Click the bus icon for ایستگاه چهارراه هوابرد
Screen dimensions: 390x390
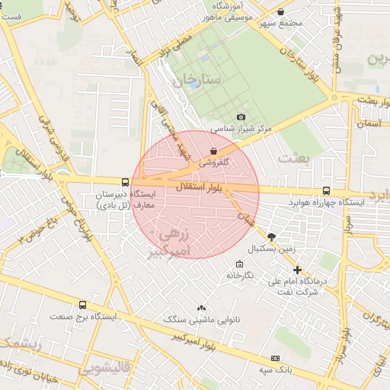point(326,191)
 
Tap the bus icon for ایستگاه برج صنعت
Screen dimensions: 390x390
point(82,305)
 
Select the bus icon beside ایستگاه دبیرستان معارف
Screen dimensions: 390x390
point(126,181)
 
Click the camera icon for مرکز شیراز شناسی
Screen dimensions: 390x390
point(241,117)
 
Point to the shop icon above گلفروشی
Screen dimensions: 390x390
point(213,151)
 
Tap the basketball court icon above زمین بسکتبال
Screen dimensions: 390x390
point(272,237)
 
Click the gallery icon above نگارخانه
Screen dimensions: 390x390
point(239,264)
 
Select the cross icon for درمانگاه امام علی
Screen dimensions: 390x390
point(297,270)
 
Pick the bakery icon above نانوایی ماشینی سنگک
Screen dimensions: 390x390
point(201,308)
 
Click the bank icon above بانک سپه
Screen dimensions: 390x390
point(274,358)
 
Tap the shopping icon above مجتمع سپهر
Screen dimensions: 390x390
point(281,12)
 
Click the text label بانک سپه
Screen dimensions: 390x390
point(274,369)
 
